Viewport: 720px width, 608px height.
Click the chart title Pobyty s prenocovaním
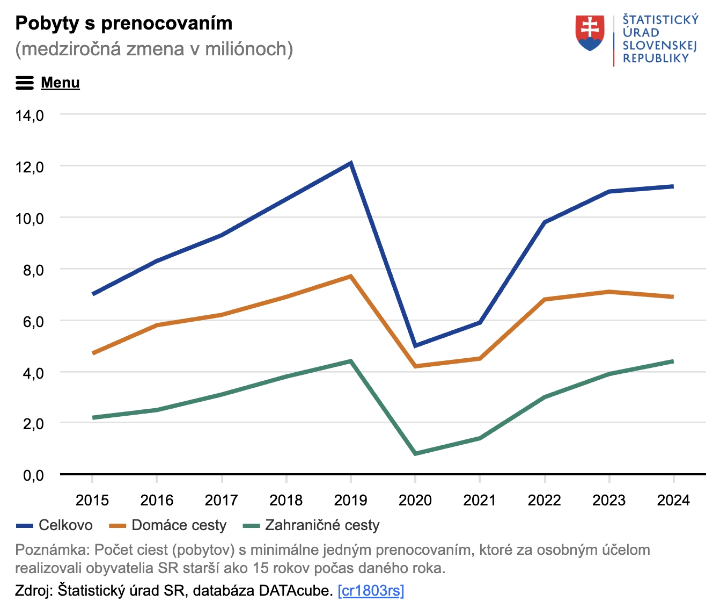pyautogui.click(x=124, y=23)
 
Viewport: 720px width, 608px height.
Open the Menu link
pyautogui.click(x=60, y=83)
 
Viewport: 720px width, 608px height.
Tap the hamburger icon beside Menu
pyautogui.click(x=25, y=83)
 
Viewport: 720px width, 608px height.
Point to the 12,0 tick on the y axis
pyautogui.click(x=30, y=167)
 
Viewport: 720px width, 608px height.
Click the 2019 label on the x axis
pyautogui.click(x=350, y=501)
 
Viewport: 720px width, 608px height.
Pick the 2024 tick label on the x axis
pyautogui.click(x=673, y=501)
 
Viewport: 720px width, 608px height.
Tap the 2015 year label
pyautogui.click(x=92, y=501)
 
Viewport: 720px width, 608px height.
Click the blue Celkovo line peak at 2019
pyautogui.click(x=350, y=163)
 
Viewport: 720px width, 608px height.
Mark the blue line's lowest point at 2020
pyautogui.click(x=415, y=345)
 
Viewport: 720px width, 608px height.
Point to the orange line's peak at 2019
pyautogui.click(x=350, y=276)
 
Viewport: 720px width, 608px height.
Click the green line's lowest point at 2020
pyautogui.click(x=415, y=454)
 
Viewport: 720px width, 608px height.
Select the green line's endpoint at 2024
pyautogui.click(x=673, y=361)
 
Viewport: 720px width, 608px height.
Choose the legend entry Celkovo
pyautogui.click(x=65, y=525)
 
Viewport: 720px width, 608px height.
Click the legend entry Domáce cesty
pyautogui.click(x=179, y=525)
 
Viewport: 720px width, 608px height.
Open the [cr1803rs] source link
pyautogui.click(x=371, y=591)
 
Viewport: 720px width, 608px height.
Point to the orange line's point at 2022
pyautogui.click(x=545, y=299)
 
